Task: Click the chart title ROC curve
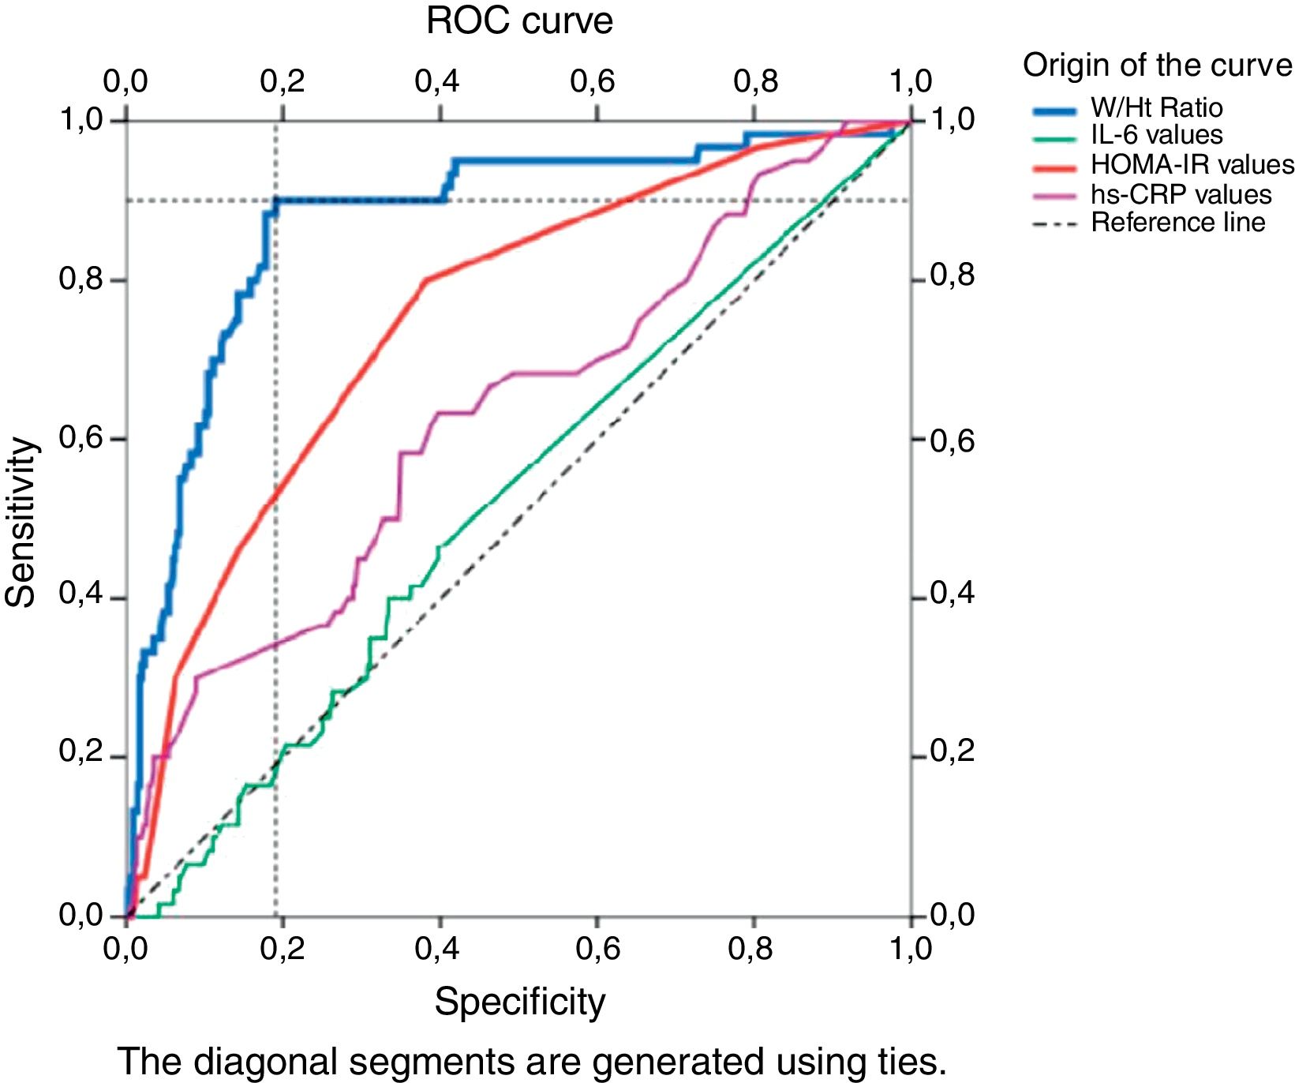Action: pyautogui.click(x=518, y=21)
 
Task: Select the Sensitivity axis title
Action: pyautogui.click(x=21, y=522)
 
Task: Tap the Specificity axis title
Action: pyautogui.click(x=519, y=1002)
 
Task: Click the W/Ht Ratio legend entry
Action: pyautogui.click(x=1156, y=108)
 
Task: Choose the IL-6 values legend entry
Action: pyautogui.click(x=1156, y=135)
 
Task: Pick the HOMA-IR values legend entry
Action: pyautogui.click(x=1192, y=164)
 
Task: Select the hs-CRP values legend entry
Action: pyautogui.click(x=1181, y=194)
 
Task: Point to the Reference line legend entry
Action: pyautogui.click(x=1177, y=223)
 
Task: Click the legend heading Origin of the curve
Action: pyautogui.click(x=1157, y=66)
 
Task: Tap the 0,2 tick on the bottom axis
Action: pyautogui.click(x=282, y=949)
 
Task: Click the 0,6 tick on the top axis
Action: pyautogui.click(x=593, y=81)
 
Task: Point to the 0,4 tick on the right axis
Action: pyautogui.click(x=953, y=594)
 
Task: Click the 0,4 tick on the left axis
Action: pyautogui.click(x=81, y=594)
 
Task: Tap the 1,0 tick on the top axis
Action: pyautogui.click(x=911, y=81)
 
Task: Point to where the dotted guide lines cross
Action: pyautogui.click(x=276, y=200)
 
